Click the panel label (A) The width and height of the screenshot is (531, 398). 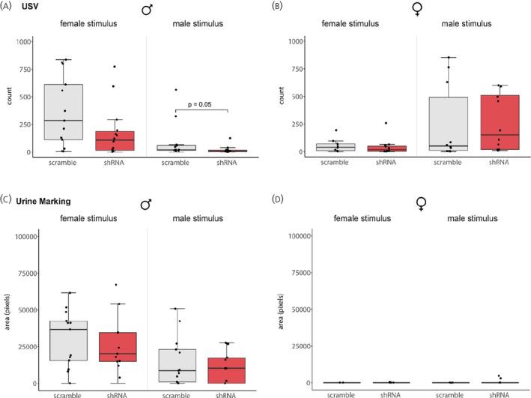(8, 7)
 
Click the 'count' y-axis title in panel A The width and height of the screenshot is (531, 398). (10, 97)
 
